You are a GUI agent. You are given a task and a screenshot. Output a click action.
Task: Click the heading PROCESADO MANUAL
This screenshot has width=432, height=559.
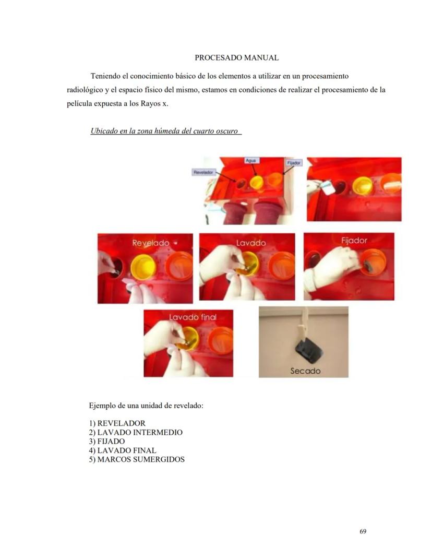pyautogui.click(x=236, y=58)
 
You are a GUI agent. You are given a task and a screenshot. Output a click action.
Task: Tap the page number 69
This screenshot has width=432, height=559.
pyautogui.click(x=363, y=531)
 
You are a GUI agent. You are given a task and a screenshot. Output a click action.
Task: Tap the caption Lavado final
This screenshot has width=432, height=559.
pyautogui.click(x=193, y=317)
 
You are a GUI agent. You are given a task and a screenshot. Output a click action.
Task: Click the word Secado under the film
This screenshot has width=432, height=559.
pyautogui.click(x=305, y=371)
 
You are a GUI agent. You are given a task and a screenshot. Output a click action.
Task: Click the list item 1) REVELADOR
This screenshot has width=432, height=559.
pyautogui.click(x=117, y=423)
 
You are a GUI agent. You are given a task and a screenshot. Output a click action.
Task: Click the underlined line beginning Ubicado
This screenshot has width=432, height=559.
pyautogui.click(x=165, y=131)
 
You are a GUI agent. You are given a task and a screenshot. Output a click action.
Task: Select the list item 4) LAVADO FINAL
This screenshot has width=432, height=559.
pyautogui.click(x=122, y=450)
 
